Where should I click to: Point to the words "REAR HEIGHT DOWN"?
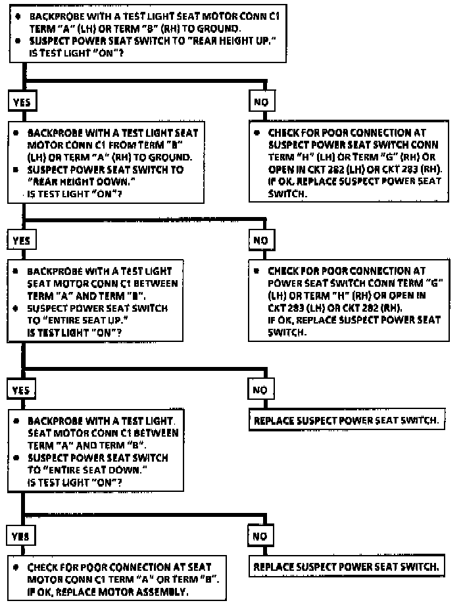(x=72, y=181)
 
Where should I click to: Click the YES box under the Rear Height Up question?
(x=21, y=102)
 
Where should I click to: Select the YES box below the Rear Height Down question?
(x=21, y=240)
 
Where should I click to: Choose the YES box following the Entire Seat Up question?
(x=21, y=390)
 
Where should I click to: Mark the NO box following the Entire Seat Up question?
(x=259, y=390)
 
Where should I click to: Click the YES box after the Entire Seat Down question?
(x=21, y=536)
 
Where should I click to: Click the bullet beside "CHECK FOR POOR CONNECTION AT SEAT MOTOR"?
(x=16, y=566)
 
